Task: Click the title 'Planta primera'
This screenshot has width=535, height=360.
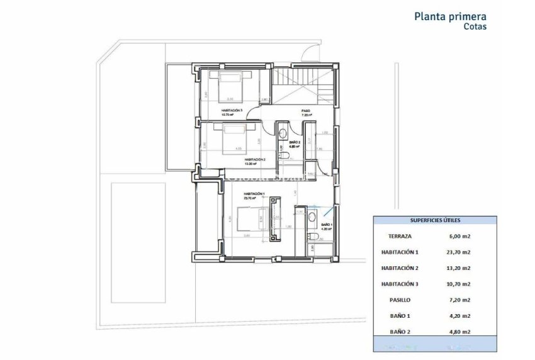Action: [449, 16]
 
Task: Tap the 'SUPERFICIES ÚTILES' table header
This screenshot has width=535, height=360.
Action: [435, 220]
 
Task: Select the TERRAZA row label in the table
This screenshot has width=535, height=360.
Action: [400, 236]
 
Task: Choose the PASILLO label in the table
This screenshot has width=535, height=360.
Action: [400, 300]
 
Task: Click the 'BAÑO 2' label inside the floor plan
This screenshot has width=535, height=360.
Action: [294, 143]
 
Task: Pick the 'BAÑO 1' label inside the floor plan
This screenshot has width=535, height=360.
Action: [326, 224]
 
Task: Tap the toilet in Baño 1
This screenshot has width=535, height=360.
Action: [312, 237]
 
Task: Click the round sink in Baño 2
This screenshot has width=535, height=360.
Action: [283, 133]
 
